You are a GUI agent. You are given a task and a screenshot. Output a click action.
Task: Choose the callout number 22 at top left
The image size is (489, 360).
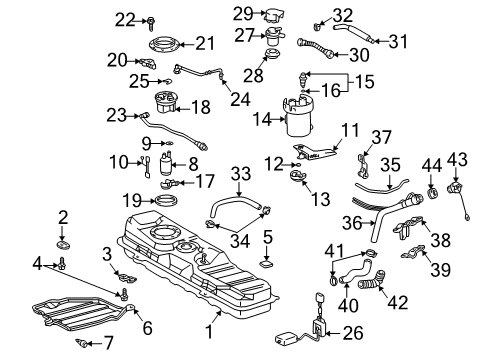pyautogui.click(x=122, y=19)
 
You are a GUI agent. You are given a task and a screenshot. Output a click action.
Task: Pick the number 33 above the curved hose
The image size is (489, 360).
pyautogui.click(x=241, y=173)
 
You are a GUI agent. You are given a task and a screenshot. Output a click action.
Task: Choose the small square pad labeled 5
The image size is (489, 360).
pyautogui.click(x=267, y=266)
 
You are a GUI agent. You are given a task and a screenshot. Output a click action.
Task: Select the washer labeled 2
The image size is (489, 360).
pyautogui.click(x=62, y=241)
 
